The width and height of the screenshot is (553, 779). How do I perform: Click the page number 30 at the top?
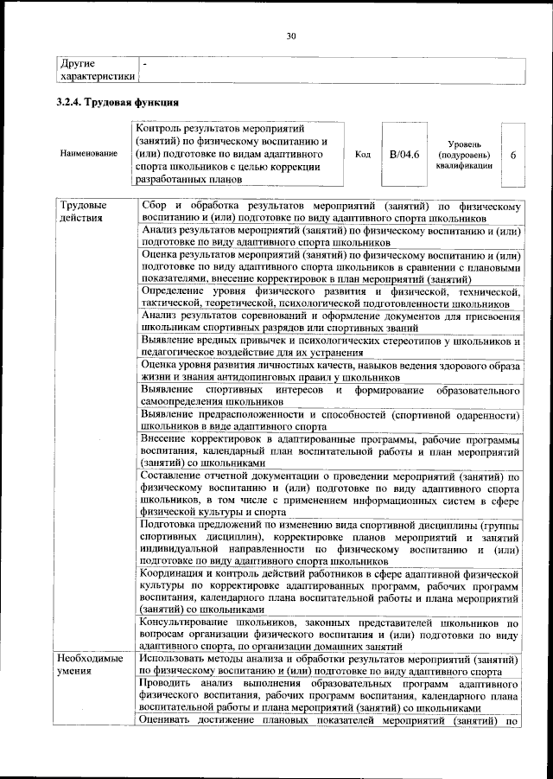291,35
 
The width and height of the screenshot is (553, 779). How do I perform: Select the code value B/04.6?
404,154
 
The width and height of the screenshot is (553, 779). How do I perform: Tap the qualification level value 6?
513,155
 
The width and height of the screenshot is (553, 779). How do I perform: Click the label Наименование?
89,153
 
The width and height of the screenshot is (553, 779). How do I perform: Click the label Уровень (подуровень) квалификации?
465,154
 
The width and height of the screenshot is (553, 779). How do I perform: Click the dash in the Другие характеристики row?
145,63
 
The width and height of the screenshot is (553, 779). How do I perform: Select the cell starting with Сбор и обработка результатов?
330,212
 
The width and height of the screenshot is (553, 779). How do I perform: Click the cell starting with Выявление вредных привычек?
330,348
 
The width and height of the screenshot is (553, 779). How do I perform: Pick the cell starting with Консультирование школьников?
330,634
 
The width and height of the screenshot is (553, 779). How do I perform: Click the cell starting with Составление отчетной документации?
330,493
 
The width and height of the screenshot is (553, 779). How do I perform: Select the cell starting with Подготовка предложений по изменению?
330,542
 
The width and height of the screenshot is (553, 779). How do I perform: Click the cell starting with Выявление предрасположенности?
330,420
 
